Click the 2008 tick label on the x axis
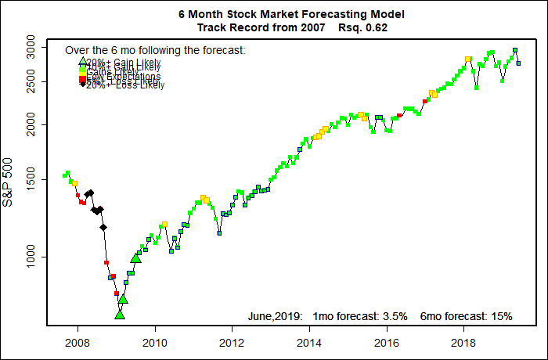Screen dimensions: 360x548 (77, 342)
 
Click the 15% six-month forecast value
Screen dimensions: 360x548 (502, 316)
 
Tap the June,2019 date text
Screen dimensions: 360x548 (275, 316)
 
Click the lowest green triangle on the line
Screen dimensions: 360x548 (120, 315)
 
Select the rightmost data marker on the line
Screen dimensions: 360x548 (518, 63)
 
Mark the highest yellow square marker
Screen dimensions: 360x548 (468, 59)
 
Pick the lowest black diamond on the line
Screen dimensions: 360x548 (103, 227)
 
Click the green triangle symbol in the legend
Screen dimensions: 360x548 (82, 60)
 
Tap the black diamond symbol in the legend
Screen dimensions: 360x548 (82, 85)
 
